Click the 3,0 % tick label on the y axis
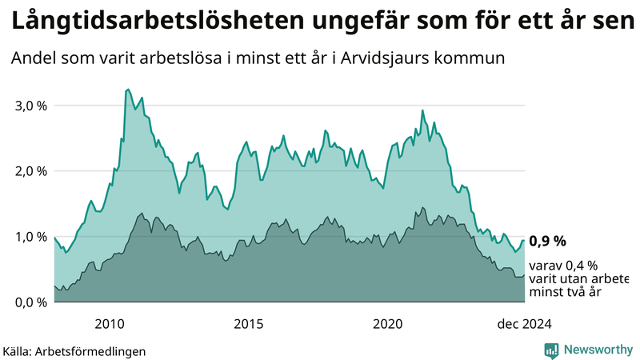point(30,106)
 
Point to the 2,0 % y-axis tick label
point(30,171)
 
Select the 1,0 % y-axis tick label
point(30,237)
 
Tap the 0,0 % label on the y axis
point(30,302)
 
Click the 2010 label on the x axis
point(109,323)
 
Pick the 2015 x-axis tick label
point(249,323)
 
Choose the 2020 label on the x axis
point(388,323)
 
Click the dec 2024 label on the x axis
point(524,323)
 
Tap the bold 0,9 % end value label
point(548,241)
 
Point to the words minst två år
point(565,292)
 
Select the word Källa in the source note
point(18,350)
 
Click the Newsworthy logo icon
point(551,350)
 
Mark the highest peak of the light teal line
point(128,90)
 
